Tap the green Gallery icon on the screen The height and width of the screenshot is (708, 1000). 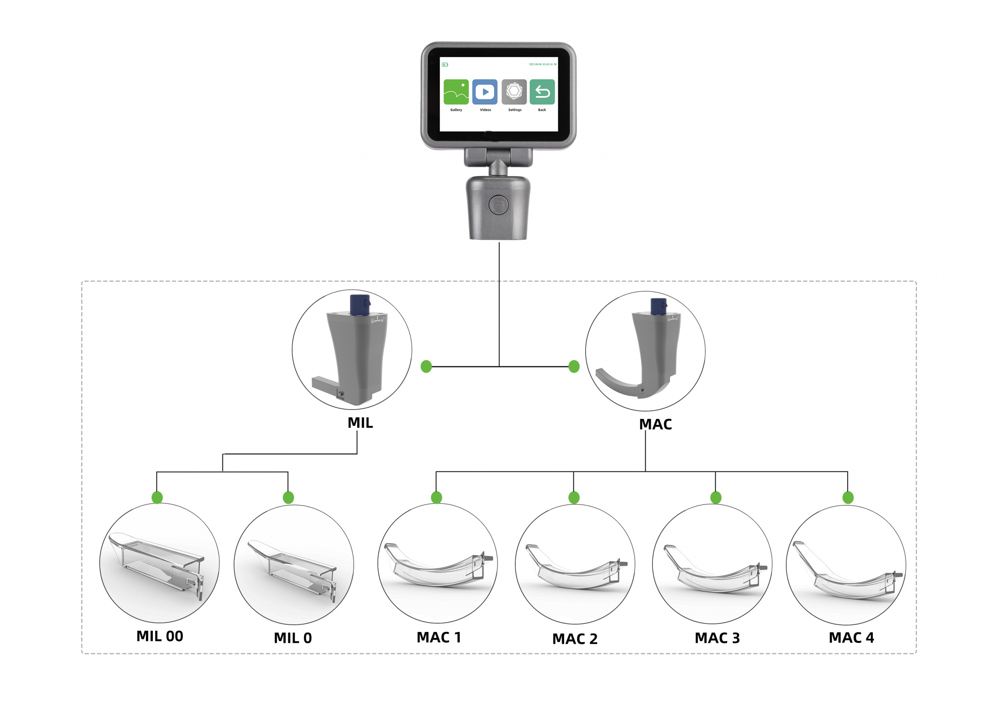[x=456, y=92]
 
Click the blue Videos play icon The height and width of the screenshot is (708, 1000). [x=485, y=92]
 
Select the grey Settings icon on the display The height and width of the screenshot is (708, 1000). [x=514, y=92]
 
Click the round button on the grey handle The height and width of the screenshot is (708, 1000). [x=498, y=205]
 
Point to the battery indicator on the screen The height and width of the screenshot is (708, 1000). [x=445, y=64]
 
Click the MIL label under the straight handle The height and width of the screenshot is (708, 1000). [x=360, y=423]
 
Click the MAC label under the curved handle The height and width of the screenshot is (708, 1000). [x=655, y=424]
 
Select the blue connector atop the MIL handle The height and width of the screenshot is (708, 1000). [x=360, y=305]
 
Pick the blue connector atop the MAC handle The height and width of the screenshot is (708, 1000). [x=658, y=307]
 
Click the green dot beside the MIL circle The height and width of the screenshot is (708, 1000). [x=426, y=367]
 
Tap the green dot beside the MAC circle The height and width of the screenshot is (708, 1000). [x=574, y=367]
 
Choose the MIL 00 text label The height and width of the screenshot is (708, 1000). [x=160, y=636]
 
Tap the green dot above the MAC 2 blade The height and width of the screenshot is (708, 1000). [x=574, y=497]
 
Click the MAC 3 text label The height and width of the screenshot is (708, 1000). [x=717, y=638]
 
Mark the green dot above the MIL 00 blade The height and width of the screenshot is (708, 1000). [x=157, y=497]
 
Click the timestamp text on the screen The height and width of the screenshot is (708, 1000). [x=542, y=64]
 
